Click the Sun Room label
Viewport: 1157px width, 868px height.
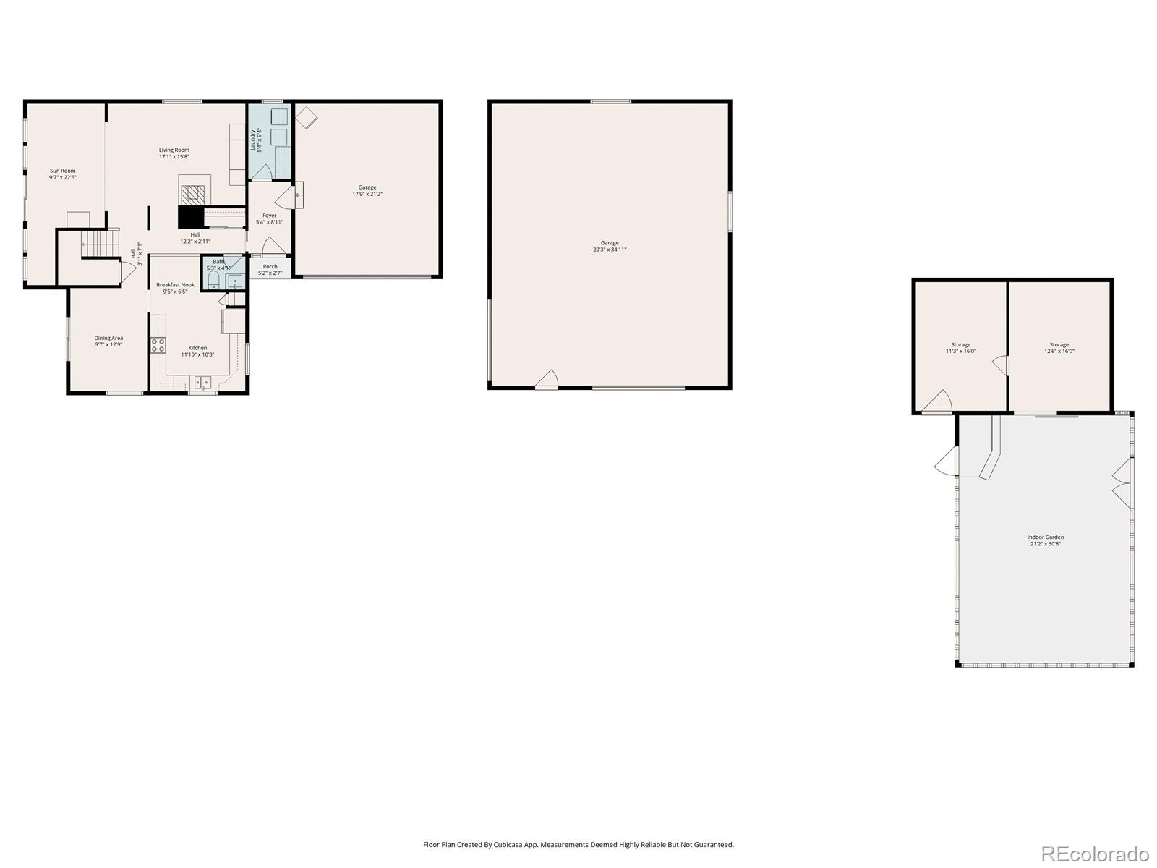click(x=63, y=171)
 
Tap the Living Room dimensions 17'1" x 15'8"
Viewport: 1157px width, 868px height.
click(x=174, y=156)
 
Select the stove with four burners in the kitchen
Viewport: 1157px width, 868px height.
click(x=158, y=345)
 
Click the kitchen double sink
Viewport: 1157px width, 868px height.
click(x=202, y=381)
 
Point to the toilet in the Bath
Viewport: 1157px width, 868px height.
click(x=213, y=281)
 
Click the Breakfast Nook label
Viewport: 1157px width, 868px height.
click(x=175, y=285)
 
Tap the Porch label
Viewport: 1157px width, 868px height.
click(x=270, y=267)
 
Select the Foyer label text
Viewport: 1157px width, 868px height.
click(x=269, y=216)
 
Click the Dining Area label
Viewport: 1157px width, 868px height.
click(x=108, y=338)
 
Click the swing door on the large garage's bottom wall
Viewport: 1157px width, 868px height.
click(x=547, y=379)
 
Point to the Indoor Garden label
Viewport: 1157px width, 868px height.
click(x=1045, y=537)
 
